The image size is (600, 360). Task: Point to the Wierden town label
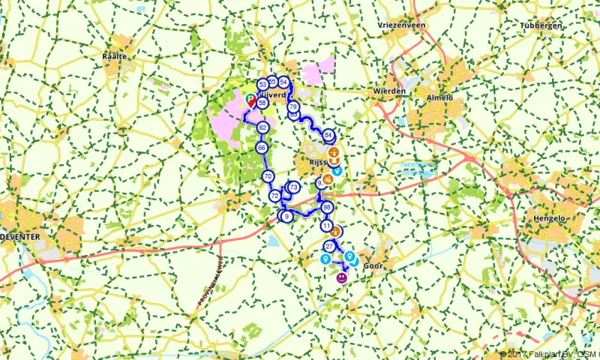(389, 91)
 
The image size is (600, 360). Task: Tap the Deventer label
(21, 236)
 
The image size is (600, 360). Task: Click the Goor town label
(373, 265)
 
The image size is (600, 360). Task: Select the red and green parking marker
(250, 97)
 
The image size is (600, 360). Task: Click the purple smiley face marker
(341, 278)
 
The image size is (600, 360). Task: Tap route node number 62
(262, 128)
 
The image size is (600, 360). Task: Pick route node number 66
(261, 148)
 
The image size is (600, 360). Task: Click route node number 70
(268, 176)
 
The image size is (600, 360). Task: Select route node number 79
(292, 108)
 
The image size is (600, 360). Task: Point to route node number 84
(328, 135)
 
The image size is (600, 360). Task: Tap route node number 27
(329, 246)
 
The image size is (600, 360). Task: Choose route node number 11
(326, 225)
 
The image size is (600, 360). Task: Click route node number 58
(262, 103)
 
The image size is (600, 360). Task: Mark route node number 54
(283, 82)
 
